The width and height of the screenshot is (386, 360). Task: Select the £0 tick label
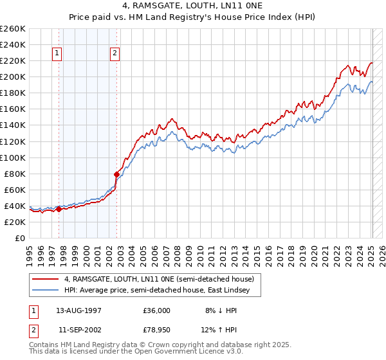(x=21, y=238)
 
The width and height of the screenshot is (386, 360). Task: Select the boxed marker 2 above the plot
(x=115, y=53)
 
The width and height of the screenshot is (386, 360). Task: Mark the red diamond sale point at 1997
(x=59, y=208)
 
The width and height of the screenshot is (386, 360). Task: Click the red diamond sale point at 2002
(x=116, y=174)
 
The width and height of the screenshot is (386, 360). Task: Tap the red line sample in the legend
(x=46, y=279)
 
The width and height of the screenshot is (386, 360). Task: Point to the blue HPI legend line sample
(x=46, y=290)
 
